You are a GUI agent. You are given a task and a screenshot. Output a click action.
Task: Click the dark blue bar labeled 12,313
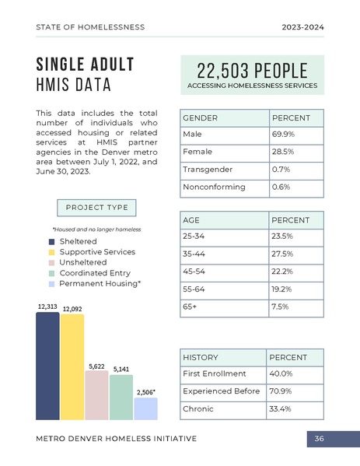click(47, 366)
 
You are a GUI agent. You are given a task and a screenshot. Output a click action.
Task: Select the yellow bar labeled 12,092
click(72, 367)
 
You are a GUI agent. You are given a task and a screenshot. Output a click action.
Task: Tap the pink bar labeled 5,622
click(96, 395)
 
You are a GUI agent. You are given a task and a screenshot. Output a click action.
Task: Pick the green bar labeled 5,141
click(121, 398)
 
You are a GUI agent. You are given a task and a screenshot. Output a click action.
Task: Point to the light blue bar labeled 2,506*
click(145, 409)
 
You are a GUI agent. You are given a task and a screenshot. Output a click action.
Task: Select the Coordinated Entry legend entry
click(95, 273)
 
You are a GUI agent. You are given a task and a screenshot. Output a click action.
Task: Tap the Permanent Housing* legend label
click(100, 284)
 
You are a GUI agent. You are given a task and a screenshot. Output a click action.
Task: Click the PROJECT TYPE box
click(96, 208)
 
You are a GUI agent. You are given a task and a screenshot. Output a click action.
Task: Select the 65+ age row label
click(189, 307)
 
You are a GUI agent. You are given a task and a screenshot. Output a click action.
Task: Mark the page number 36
click(319, 440)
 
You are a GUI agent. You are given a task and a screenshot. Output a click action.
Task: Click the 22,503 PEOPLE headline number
click(252, 70)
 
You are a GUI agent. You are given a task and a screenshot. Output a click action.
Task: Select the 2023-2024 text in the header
click(302, 27)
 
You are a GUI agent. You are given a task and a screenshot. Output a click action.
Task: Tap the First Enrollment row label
click(214, 374)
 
